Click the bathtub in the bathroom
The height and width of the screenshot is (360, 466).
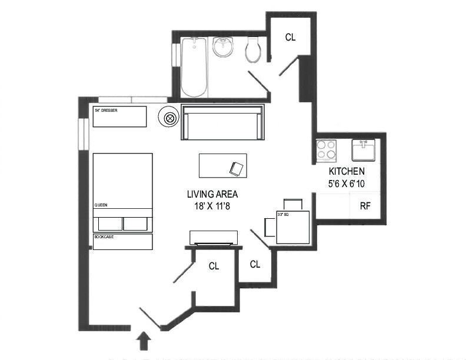point(194,67)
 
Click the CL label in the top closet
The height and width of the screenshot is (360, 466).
point(290,36)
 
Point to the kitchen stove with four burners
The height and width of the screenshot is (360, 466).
point(326,150)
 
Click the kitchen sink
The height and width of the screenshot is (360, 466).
point(363,150)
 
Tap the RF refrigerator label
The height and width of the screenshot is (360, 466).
point(365,206)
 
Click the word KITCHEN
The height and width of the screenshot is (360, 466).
point(347,171)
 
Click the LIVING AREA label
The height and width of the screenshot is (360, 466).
point(212,194)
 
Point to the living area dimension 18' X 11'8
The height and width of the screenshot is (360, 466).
point(212,205)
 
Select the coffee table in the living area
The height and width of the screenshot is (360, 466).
point(223,165)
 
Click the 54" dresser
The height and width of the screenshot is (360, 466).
point(120,116)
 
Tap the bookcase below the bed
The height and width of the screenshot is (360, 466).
point(123,242)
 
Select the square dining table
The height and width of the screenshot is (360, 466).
point(292,227)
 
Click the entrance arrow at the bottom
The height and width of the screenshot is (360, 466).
point(144,342)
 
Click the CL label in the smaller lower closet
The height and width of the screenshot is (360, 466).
point(255,265)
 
